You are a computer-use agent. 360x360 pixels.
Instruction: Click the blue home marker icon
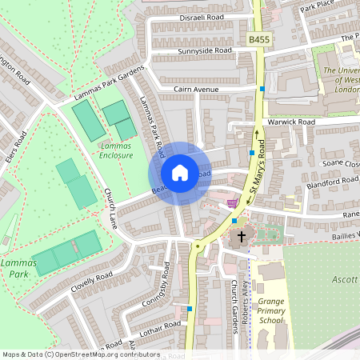(x=180, y=173)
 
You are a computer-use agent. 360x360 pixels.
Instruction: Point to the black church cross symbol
(x=241, y=237)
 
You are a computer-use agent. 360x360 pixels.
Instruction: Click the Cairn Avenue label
(x=196, y=90)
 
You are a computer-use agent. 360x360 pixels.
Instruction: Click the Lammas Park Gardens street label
(x=109, y=82)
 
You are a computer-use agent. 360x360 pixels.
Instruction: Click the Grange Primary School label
(x=271, y=310)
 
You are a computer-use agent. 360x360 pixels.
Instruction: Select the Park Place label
(x=317, y=7)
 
